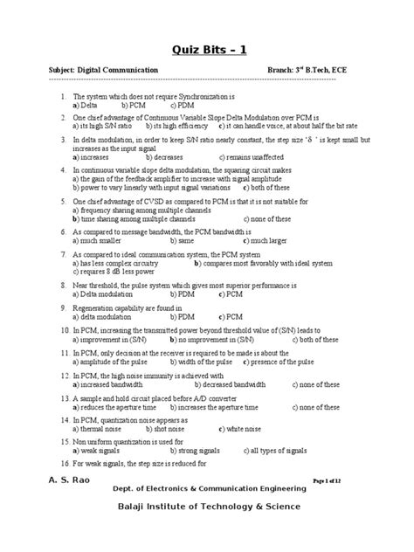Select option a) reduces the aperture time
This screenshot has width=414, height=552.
121,405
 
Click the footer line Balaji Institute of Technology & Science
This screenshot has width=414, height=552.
207,507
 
